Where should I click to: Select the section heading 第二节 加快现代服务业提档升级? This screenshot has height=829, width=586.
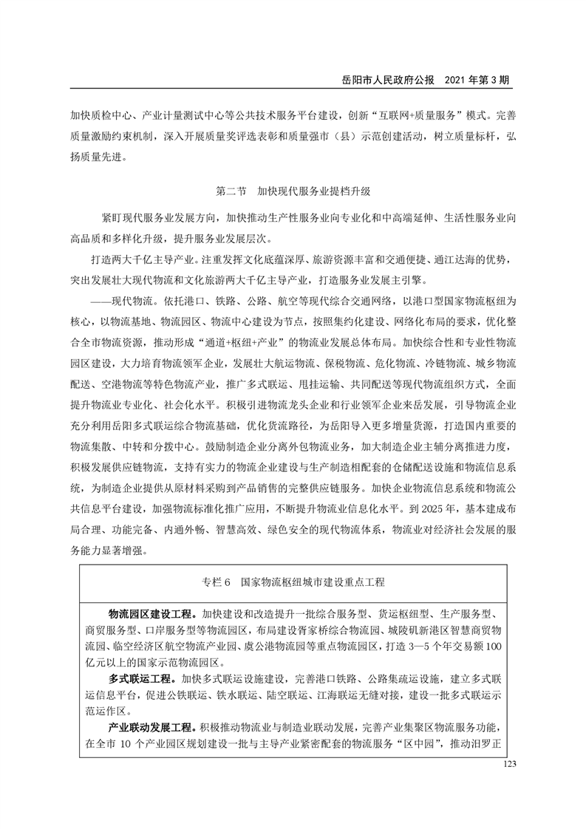[293, 191]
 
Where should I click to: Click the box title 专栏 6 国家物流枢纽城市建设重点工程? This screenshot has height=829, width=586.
[293, 581]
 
